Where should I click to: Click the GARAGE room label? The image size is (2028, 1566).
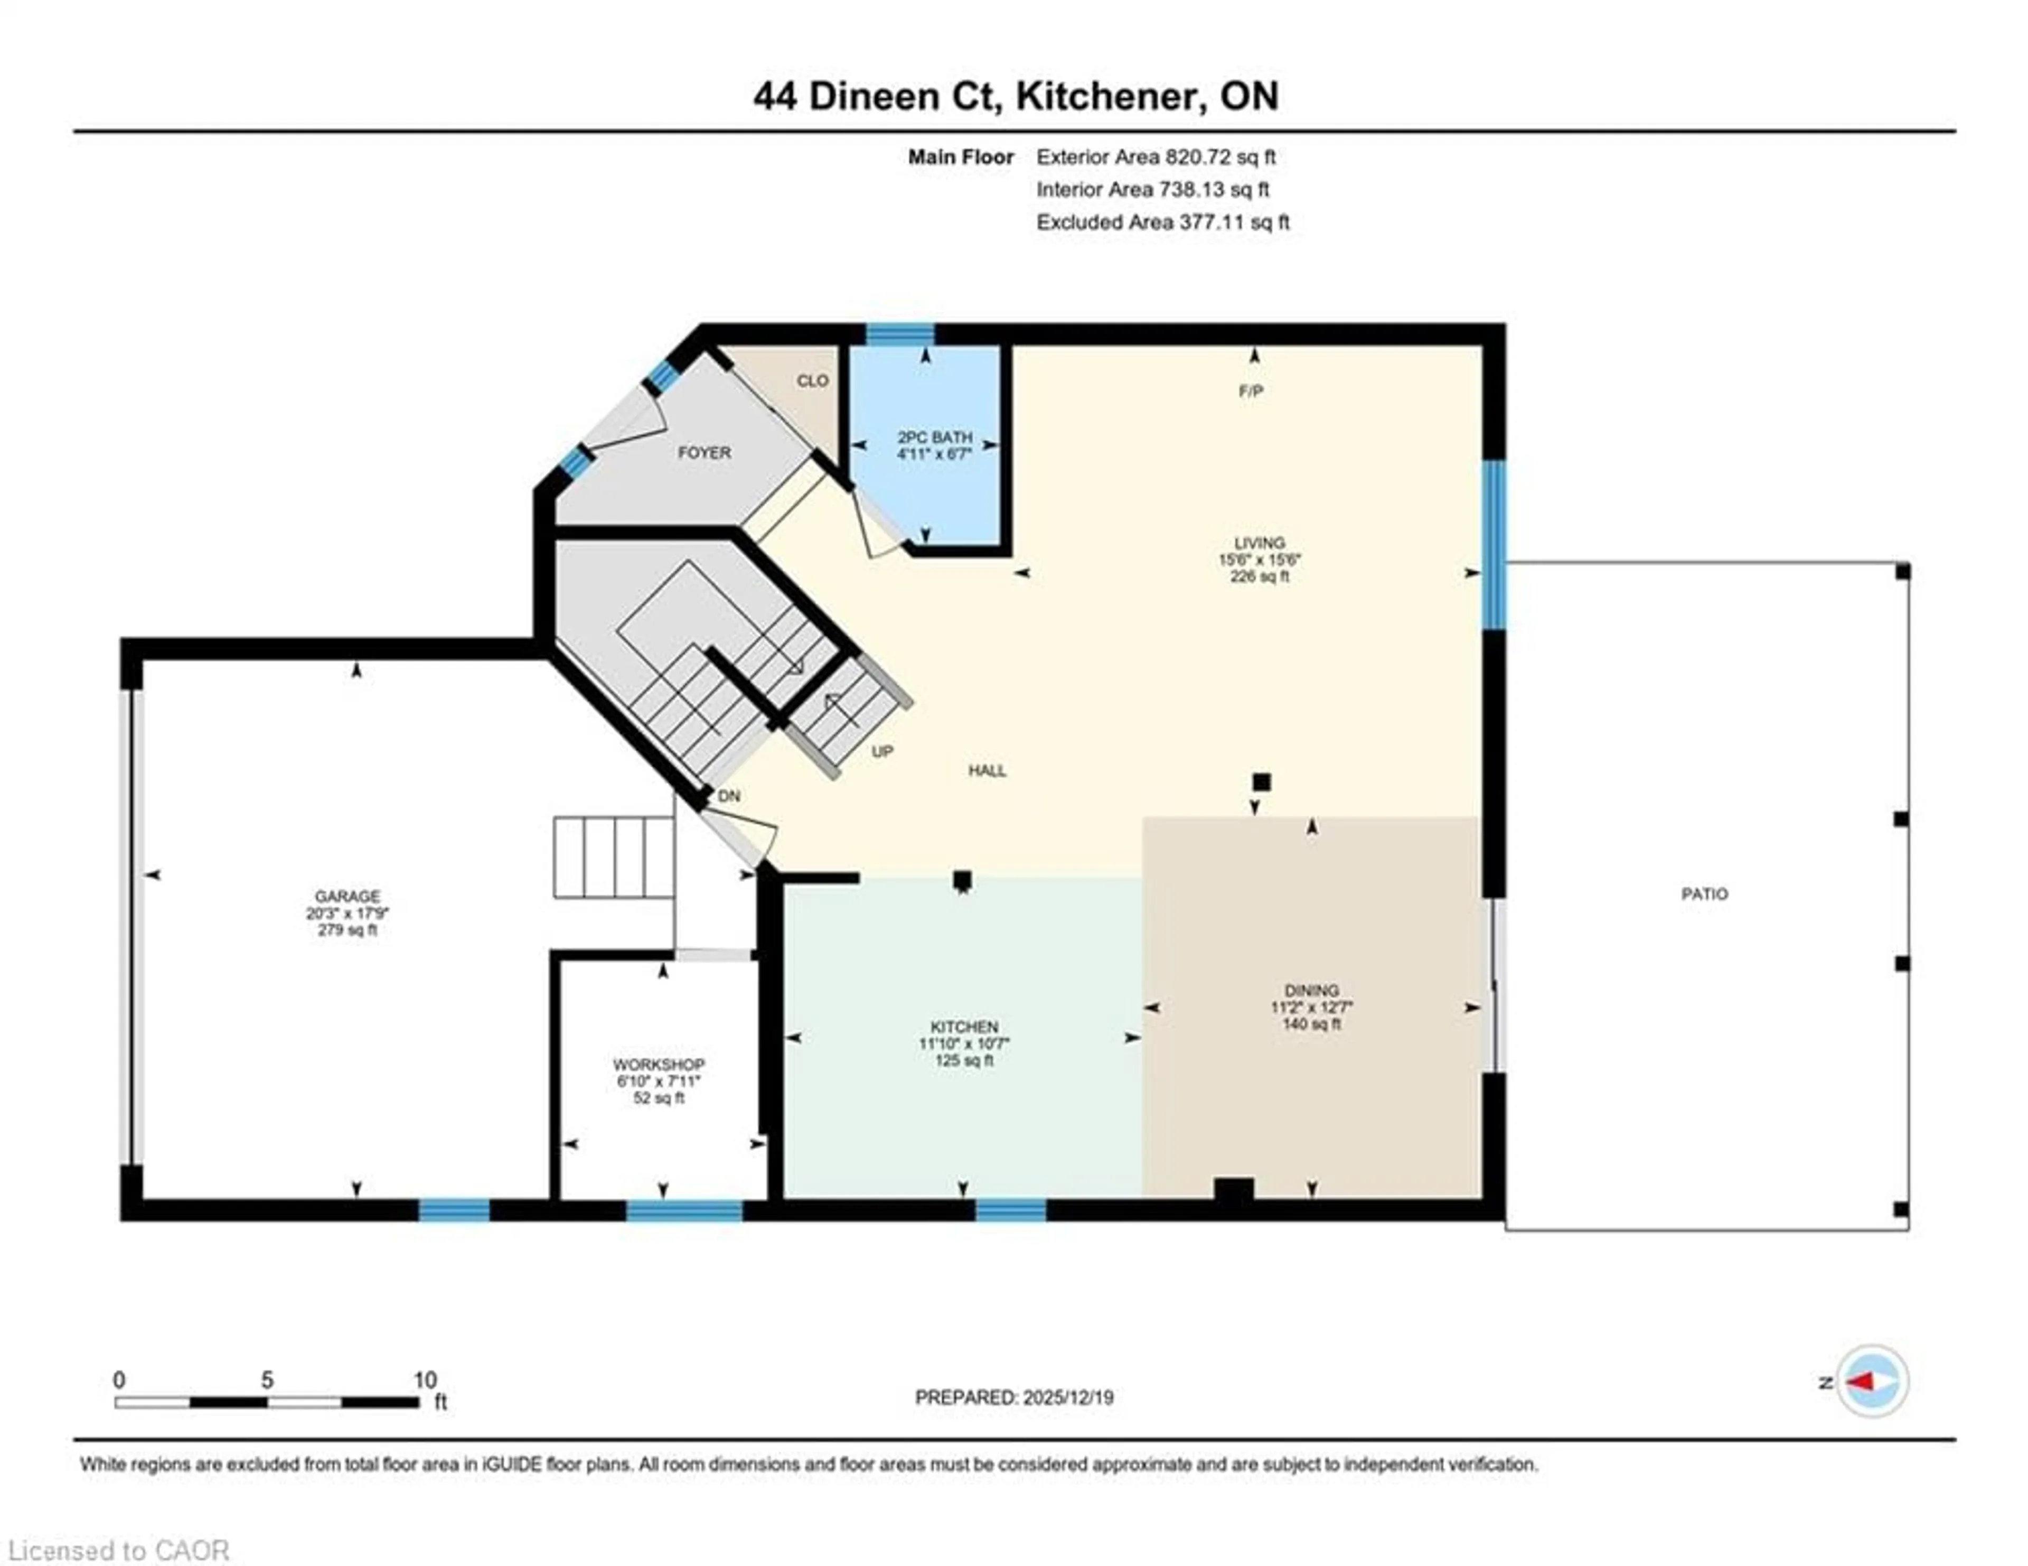click(x=348, y=896)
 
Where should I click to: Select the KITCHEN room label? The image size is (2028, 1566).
click(x=964, y=1027)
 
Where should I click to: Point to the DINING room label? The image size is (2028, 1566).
click(x=1311, y=990)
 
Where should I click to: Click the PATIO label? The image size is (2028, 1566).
click(x=1704, y=893)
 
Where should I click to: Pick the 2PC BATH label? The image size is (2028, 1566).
click(x=934, y=436)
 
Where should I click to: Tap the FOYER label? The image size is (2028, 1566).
click(x=704, y=452)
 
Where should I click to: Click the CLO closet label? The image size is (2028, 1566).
click(x=812, y=381)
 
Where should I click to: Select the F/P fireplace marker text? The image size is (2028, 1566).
click(x=1251, y=391)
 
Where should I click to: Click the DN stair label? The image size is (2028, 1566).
click(x=729, y=796)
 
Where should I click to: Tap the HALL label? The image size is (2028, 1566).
click(x=987, y=770)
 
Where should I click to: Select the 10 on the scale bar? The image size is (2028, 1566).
click(x=425, y=1379)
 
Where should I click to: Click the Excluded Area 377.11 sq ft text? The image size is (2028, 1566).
click(x=1162, y=222)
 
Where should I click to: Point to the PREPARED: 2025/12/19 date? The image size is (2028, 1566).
click(x=1014, y=1397)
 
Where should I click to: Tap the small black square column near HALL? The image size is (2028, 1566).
click(x=1261, y=782)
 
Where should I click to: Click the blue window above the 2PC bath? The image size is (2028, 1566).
click(x=900, y=333)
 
